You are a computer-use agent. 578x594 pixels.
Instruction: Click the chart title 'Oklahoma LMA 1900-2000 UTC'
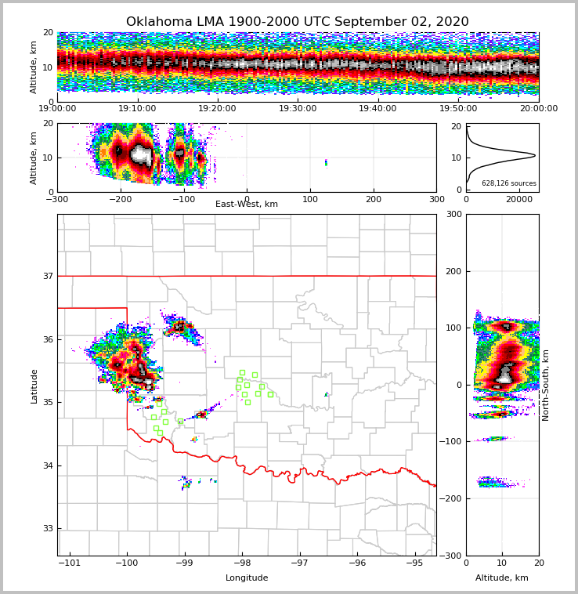297,22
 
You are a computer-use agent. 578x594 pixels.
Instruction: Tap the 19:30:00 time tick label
298,109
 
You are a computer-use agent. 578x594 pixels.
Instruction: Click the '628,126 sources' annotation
509,183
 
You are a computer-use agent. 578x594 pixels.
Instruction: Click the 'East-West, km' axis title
247,205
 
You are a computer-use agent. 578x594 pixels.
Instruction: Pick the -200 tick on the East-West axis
121,198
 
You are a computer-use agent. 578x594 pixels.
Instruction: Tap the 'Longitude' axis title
247,578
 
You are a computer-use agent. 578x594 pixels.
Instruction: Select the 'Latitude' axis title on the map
34,386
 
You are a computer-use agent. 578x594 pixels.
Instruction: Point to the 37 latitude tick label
48,277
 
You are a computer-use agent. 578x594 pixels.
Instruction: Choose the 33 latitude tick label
48,529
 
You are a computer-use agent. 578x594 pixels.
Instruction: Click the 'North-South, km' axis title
546,385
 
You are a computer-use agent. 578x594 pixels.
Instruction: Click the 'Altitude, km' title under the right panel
502,578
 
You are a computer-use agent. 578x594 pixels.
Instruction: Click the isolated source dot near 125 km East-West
326,163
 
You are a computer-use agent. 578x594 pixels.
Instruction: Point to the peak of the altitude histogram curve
535,155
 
